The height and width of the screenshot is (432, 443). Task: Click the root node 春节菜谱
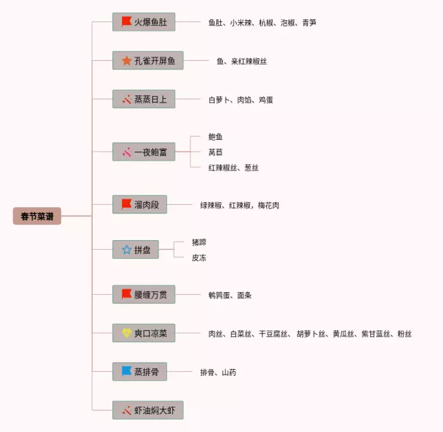37,217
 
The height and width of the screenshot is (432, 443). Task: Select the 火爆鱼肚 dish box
143,22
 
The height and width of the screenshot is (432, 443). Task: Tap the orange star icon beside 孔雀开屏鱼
127,61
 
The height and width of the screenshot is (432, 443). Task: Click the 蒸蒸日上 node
143,100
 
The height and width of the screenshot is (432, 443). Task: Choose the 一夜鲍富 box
143,152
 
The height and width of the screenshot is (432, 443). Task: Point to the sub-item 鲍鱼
215,137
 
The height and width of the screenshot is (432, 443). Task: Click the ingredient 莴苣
215,152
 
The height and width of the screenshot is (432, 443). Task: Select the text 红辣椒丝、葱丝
233,168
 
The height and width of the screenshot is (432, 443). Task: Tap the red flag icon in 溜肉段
127,205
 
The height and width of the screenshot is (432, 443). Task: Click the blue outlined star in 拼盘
127,249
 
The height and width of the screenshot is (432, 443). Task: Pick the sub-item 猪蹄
199,242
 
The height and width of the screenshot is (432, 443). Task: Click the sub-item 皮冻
199,258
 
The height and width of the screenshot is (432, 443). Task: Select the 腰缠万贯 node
143,295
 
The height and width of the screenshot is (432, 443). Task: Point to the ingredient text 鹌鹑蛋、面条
230,295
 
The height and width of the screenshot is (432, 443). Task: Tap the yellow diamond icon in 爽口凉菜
127,333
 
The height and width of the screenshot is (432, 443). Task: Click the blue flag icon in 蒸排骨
127,372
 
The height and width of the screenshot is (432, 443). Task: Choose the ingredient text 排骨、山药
218,372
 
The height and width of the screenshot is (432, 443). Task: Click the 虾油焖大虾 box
147,410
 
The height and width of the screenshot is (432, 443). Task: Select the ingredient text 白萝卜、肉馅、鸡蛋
240,100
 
